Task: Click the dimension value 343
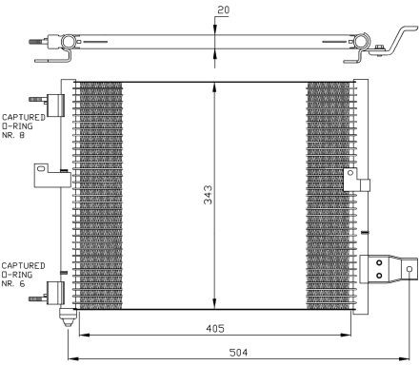coord(208,195)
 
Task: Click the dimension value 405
coord(215,328)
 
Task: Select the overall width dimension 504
coord(238,353)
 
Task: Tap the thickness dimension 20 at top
coord(223,10)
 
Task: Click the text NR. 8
coord(13,135)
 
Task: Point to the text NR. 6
coord(13,283)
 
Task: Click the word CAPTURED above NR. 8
coord(24,118)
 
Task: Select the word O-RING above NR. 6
coord(17,275)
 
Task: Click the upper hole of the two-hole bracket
coord(379,263)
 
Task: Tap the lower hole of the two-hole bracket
coord(379,276)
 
